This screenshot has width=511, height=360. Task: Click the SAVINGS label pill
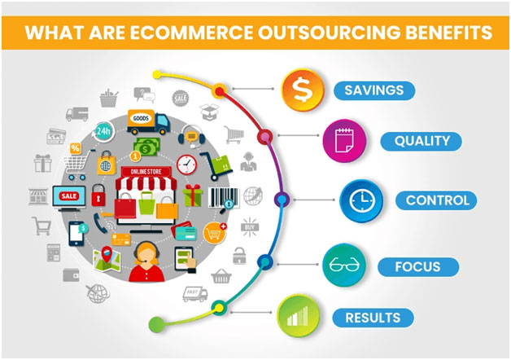pos(374,90)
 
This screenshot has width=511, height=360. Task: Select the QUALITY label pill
pos(421,141)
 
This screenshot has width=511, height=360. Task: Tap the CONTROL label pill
pos(436,200)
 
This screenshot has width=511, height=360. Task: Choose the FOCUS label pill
pos(418,266)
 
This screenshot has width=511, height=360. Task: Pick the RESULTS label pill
pos(373,318)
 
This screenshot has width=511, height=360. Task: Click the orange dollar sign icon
pos(303,90)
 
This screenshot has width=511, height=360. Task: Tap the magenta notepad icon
pos(344,141)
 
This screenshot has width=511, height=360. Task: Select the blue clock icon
pos(361,200)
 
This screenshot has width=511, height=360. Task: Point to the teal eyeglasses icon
pos(344,265)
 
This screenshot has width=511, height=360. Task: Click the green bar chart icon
pos(298,316)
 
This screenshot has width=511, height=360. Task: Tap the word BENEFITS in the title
pos(449,33)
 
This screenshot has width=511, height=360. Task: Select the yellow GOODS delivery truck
pos(148,122)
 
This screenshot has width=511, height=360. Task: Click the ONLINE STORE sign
pos(146,171)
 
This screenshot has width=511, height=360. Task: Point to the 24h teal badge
pos(103,131)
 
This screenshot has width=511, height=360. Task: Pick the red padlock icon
pos(98,195)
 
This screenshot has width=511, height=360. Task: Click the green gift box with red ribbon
pos(193,195)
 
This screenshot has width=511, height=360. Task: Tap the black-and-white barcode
pos(224,197)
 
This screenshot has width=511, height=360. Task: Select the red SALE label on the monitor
pos(69,196)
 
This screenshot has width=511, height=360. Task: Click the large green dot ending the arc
pos(156,324)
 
